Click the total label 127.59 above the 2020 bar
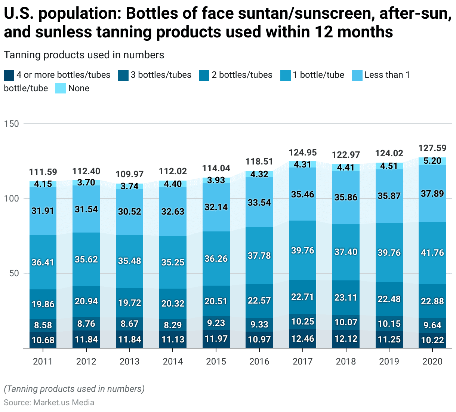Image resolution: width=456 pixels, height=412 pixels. pyautogui.click(x=432, y=148)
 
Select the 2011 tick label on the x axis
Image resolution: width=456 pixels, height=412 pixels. pyautogui.click(x=43, y=362)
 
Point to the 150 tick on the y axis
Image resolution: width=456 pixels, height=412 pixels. pyautogui.click(x=11, y=124)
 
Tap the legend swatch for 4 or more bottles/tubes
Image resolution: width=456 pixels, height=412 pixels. pyautogui.click(x=9, y=75)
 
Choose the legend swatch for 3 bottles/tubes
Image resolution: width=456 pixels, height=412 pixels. pyautogui.click(x=123, y=75)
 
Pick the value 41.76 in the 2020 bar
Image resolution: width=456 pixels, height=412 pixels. pyautogui.click(x=432, y=253)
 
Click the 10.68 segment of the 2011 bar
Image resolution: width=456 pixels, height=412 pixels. pyautogui.click(x=43, y=340)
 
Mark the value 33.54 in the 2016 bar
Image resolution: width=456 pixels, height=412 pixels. pyautogui.click(x=259, y=203)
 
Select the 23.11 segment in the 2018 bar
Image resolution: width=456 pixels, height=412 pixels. pyautogui.click(x=346, y=298)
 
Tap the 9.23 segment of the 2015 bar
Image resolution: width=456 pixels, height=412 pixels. pyautogui.click(x=216, y=323)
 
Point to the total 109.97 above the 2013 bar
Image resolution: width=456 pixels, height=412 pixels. pyautogui.click(x=129, y=174)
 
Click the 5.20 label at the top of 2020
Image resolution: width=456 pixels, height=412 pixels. pyautogui.click(x=432, y=161)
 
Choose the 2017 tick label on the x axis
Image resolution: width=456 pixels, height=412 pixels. pyautogui.click(x=302, y=362)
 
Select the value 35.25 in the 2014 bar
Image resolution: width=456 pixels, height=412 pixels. pyautogui.click(x=173, y=262)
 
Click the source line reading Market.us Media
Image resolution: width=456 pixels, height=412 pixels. pyautogui.click(x=49, y=403)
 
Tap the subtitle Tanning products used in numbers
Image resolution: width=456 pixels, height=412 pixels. pyautogui.click(x=84, y=55)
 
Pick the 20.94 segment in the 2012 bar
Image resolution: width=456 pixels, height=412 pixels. pyautogui.click(x=86, y=301)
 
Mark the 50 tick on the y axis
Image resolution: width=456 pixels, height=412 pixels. pyautogui.click(x=14, y=273)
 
